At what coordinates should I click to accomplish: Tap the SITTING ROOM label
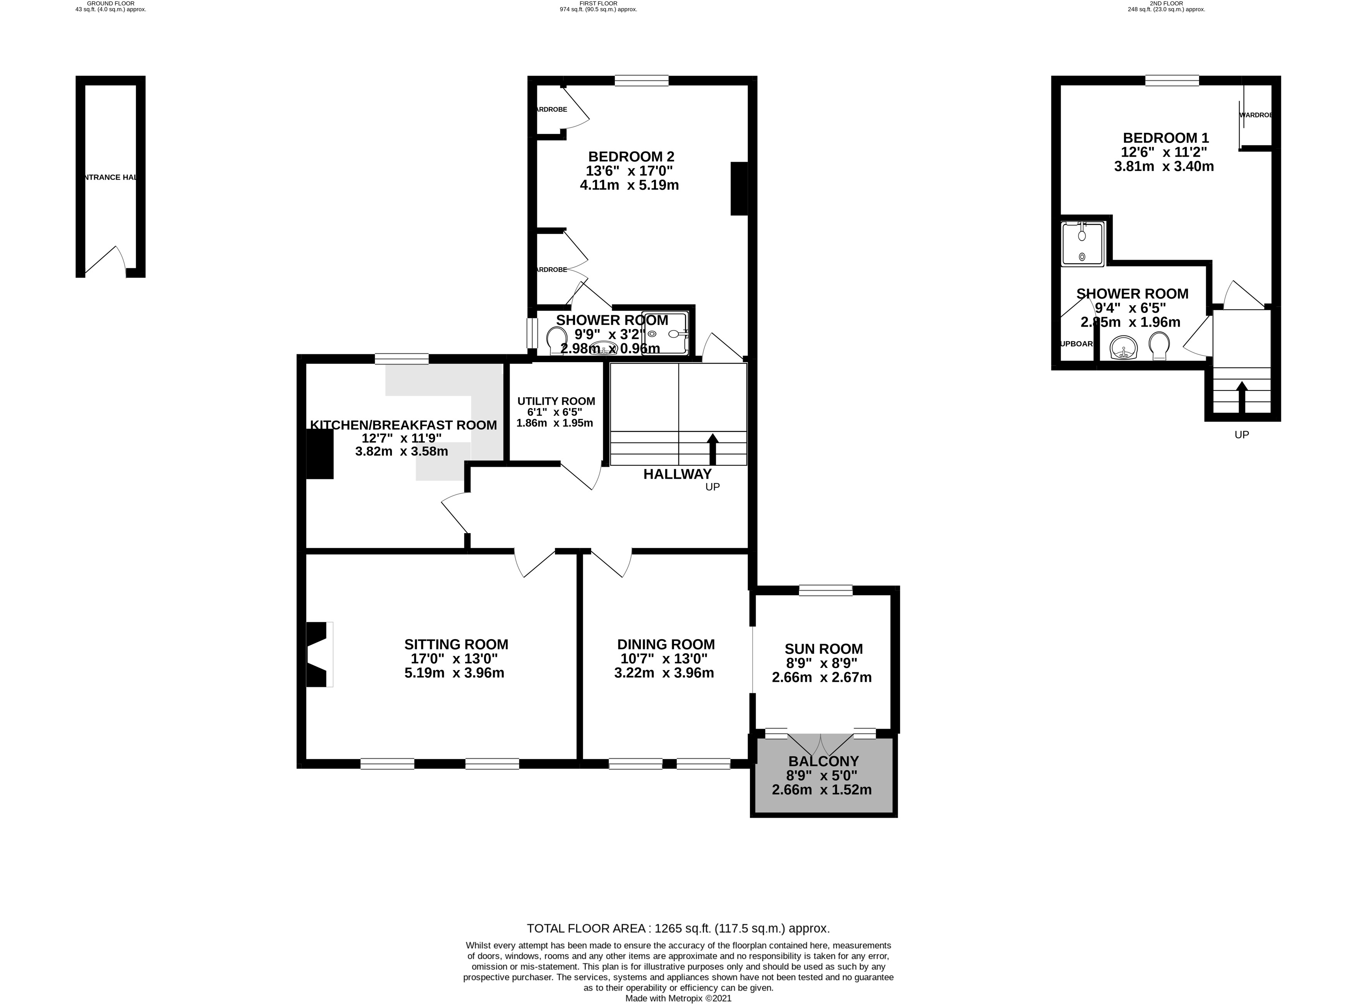coord(456,644)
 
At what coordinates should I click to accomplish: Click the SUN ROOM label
coord(823,649)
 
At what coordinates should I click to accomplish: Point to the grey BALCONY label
coord(823,761)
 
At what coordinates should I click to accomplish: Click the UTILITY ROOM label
coord(555,401)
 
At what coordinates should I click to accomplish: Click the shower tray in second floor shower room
coord(1082,244)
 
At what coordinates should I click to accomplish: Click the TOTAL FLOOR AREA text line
coord(678,929)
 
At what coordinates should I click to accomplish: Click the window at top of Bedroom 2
coord(641,80)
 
